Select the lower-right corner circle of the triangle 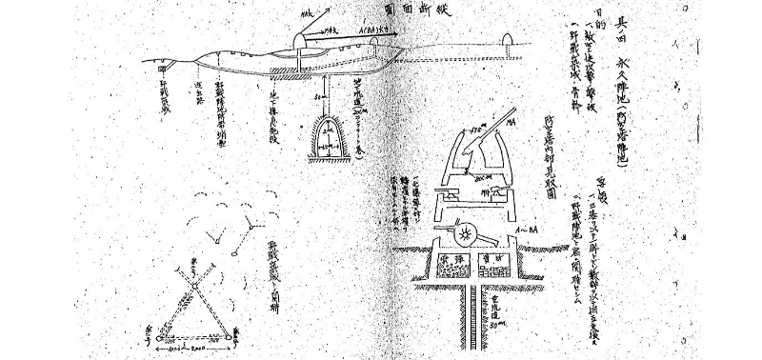(x=232, y=334)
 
